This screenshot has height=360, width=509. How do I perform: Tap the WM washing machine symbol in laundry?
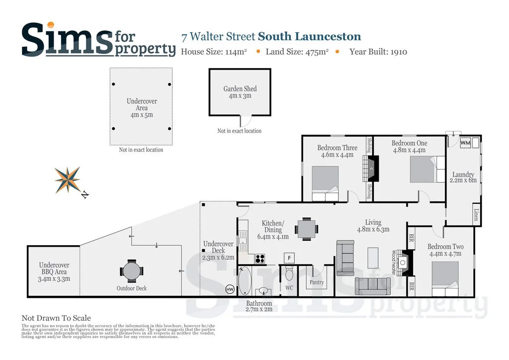coord(465,143)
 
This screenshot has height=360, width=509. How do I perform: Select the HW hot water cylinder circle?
coord(230,289)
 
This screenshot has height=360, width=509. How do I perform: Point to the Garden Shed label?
coord(240,92)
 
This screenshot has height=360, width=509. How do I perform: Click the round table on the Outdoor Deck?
coord(131,271)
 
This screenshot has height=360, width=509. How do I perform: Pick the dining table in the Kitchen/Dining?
coord(305,229)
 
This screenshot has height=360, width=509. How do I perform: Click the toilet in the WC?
coord(290,274)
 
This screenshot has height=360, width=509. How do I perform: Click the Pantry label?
coord(317,282)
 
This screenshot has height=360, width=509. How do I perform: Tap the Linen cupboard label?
coord(476,215)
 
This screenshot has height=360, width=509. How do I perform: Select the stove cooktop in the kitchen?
coord(259,258)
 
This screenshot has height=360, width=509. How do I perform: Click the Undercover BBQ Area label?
coord(54,272)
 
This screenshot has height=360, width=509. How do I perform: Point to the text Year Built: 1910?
coord(378,51)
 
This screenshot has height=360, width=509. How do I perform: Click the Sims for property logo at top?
coord(98,39)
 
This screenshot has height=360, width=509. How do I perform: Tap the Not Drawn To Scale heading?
coord(56,318)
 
